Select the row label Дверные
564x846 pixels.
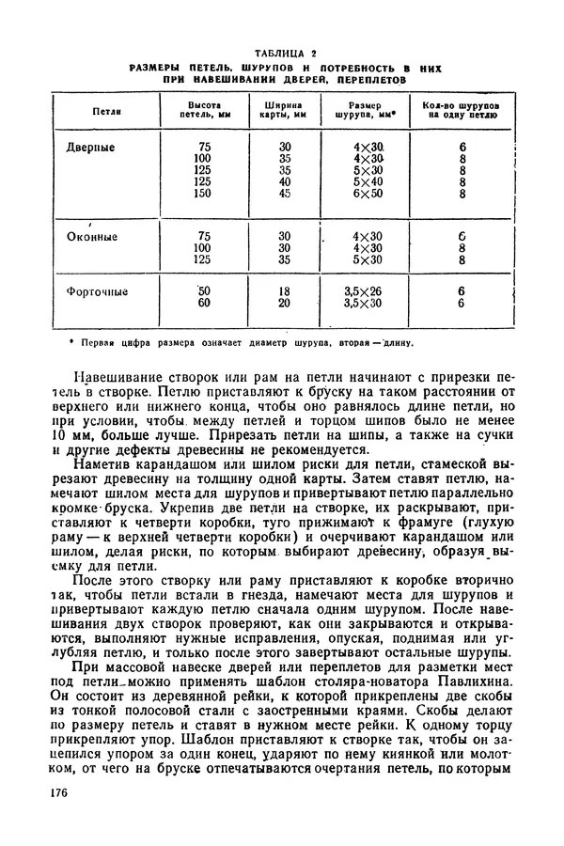coord(91,148)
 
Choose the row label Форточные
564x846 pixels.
coord(97,291)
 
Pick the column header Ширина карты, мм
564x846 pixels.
coord(285,112)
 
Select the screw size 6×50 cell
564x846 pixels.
coord(368,195)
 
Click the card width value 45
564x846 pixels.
coord(286,195)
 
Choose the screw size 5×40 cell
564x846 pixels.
coord(368,182)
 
